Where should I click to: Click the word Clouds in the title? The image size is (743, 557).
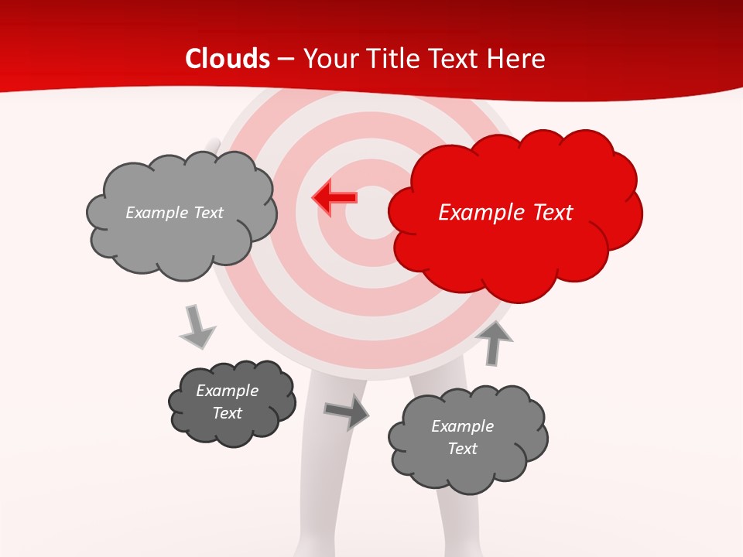point(228,59)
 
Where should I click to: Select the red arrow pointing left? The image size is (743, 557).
point(334,197)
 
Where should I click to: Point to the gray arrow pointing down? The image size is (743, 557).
point(197,326)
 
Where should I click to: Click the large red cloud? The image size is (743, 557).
point(515,213)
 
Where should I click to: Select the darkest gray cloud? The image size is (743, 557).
point(231,402)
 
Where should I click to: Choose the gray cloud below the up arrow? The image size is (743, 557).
point(467,438)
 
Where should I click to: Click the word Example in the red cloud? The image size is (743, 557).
point(476,213)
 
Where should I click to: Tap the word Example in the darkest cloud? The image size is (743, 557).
point(227,391)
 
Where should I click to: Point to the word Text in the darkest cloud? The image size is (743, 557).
point(227,413)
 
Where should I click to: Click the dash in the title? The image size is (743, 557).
point(285,59)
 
